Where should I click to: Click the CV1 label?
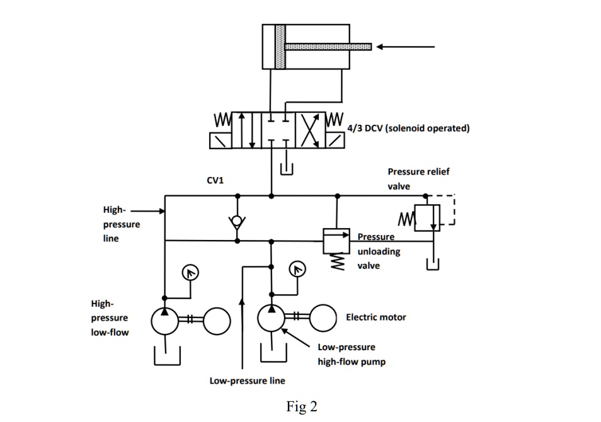click(x=215, y=181)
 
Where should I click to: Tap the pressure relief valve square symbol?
click(x=427, y=218)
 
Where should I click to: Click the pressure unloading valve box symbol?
click(x=337, y=240)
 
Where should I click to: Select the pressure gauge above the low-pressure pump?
click(x=296, y=270)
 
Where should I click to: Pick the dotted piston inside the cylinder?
click(x=280, y=46)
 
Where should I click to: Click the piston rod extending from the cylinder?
click(x=328, y=47)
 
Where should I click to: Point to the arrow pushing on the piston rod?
click(x=406, y=47)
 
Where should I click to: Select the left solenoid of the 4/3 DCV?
click(x=220, y=140)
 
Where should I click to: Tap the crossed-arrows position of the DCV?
click(x=310, y=130)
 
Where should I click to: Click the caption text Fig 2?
click(x=302, y=407)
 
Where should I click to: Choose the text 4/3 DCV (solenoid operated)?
click(x=408, y=128)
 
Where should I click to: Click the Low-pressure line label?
click(x=247, y=380)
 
